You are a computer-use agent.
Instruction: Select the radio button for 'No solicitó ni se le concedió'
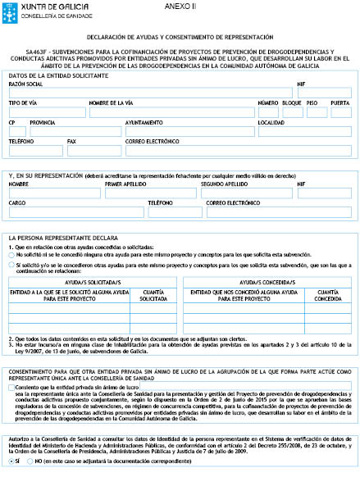[x=13, y=256]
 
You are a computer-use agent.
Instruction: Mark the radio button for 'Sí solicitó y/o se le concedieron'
[x=13, y=266]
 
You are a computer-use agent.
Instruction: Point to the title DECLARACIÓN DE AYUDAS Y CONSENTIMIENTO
[x=180, y=38]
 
